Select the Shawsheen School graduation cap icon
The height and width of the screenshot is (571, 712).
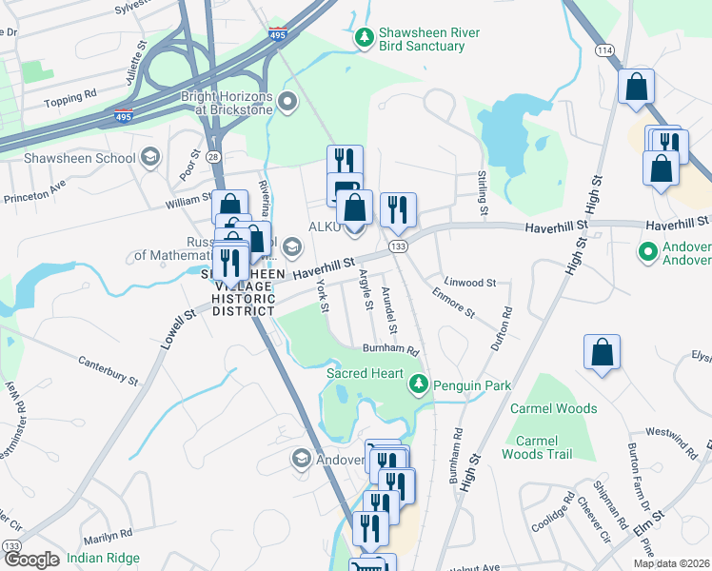(149, 157)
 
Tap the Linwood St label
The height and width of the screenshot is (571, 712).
(471, 283)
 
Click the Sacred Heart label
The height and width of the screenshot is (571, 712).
(366, 373)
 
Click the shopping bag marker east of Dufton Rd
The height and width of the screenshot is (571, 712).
(603, 352)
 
